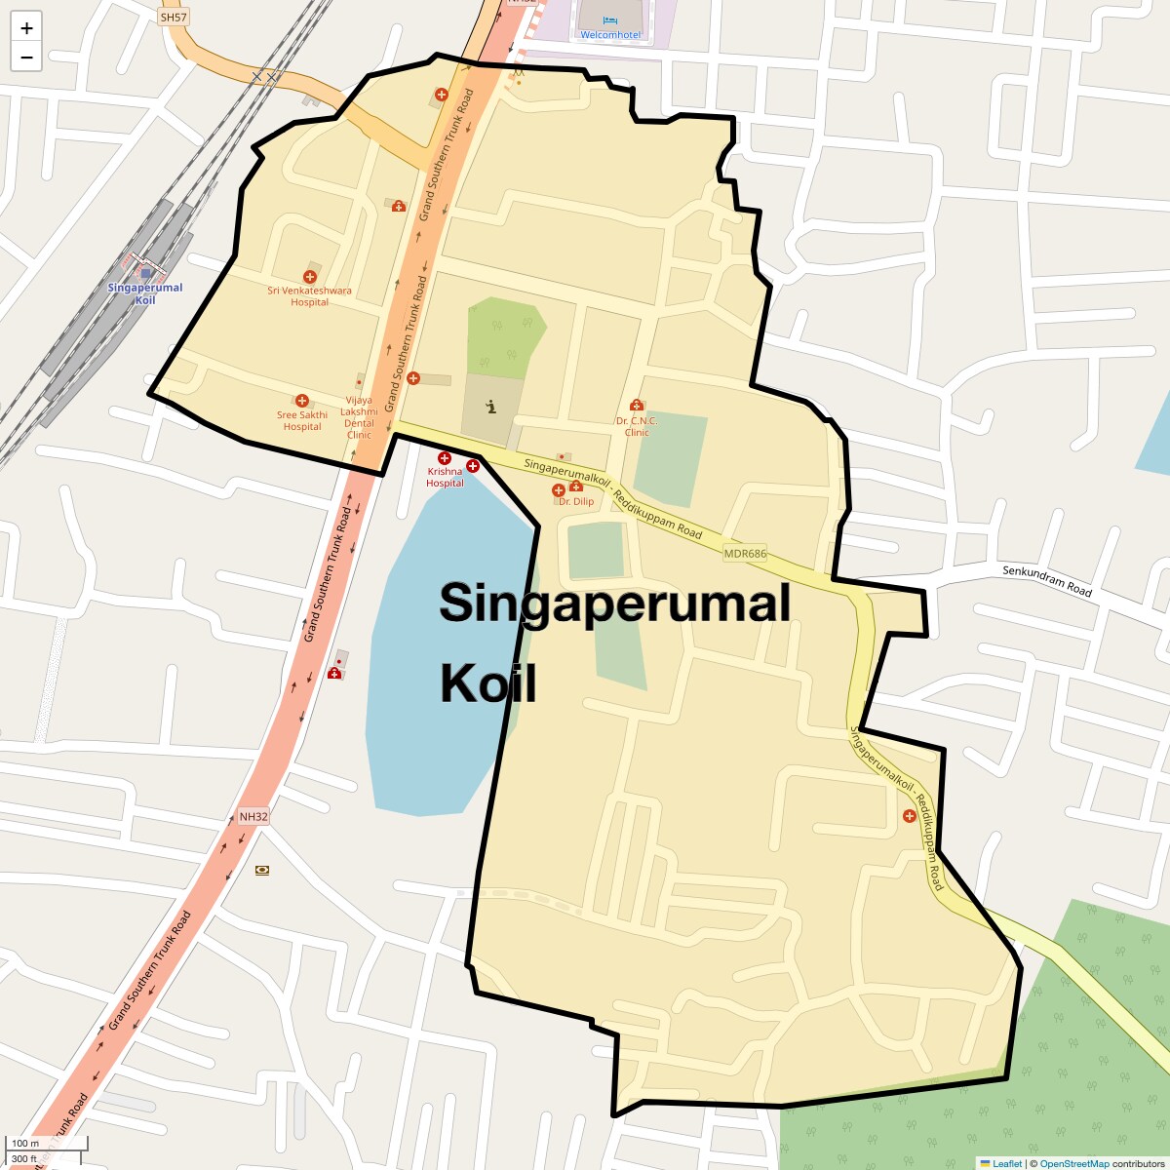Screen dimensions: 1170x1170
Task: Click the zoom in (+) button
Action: pos(26,28)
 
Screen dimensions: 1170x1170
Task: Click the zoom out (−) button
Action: pos(26,57)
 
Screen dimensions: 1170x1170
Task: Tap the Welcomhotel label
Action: pos(610,35)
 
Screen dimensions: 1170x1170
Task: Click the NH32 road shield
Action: pos(253,817)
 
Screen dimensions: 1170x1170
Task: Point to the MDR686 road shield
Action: pos(745,554)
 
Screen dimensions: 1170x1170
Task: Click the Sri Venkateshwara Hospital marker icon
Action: pos(310,277)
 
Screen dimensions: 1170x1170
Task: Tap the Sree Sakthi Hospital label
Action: pos(302,421)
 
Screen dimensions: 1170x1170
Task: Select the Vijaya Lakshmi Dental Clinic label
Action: pos(360,417)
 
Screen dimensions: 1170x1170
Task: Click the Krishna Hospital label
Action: pos(445,477)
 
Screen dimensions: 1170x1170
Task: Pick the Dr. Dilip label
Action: pos(575,501)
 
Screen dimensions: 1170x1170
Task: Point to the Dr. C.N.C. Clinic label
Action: pos(637,426)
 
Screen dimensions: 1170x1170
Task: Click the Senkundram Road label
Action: pos(1047,580)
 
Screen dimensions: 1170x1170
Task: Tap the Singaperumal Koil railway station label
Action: pos(145,293)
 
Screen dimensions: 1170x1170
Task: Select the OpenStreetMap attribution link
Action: pos(1073,1163)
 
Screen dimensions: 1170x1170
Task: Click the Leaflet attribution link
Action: pos(1006,1163)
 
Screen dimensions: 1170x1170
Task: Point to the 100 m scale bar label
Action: pos(25,1144)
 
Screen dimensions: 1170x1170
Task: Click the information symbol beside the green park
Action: pos(491,406)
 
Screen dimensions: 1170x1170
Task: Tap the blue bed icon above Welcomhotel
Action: pos(610,20)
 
